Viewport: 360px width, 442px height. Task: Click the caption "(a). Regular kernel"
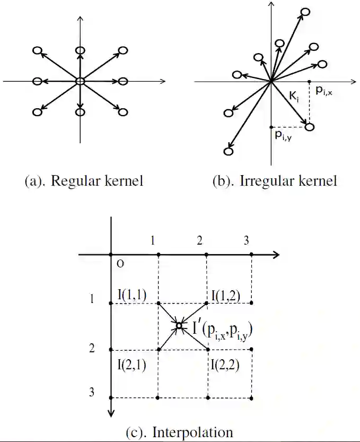coord(84,181)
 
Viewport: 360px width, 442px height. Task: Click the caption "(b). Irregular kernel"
coord(274,181)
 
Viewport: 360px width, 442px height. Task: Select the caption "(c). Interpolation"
coord(180,432)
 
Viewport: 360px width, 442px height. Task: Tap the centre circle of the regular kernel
coord(80,81)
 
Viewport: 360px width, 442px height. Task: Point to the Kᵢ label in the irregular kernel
coord(293,97)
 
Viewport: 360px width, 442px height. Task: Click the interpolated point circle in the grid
coord(179,326)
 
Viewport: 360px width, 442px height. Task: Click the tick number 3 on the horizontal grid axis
coord(247,240)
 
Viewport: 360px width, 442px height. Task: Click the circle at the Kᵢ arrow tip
coord(310,127)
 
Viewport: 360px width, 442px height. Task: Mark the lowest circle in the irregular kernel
coord(229,152)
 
